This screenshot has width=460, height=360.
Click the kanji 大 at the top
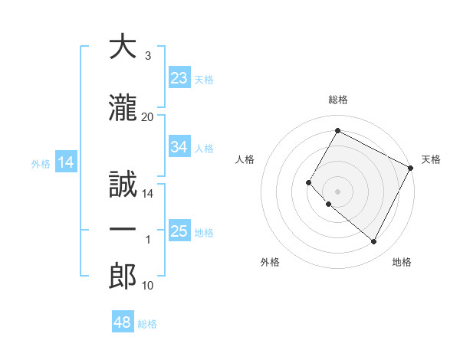coord(123,47)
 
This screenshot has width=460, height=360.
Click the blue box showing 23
coord(179,78)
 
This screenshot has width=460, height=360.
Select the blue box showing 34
coord(179,147)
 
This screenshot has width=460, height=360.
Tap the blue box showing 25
coord(179,231)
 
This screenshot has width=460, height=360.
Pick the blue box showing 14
coord(66,162)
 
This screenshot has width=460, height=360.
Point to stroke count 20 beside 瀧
coord(148,116)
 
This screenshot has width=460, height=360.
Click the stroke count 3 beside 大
coord(148,56)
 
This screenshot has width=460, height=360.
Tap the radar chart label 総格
coord(338,100)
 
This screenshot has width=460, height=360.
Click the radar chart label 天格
coord(431,159)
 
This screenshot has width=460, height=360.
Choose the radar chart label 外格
coord(270,262)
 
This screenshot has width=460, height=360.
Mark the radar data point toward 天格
coord(411,168)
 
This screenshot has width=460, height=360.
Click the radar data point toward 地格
coord(374,242)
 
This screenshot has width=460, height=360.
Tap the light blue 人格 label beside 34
coord(204,148)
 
